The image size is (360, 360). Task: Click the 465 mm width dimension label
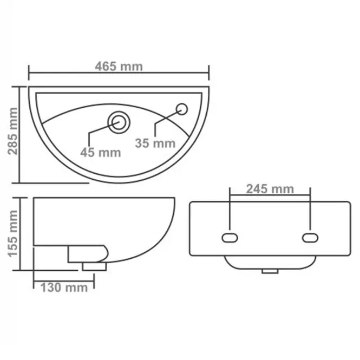point(119,67)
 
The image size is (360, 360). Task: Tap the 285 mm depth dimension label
point(12,131)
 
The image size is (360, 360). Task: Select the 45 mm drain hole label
point(101,153)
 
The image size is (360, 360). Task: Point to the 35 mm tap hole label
point(155,143)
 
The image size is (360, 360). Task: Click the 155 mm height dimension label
point(12,233)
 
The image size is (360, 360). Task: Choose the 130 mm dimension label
point(64,287)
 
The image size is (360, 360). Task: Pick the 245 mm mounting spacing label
point(270,189)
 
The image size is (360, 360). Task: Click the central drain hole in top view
point(119,122)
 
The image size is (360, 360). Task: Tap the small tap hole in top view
point(182,109)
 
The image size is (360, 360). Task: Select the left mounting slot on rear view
point(230,238)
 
